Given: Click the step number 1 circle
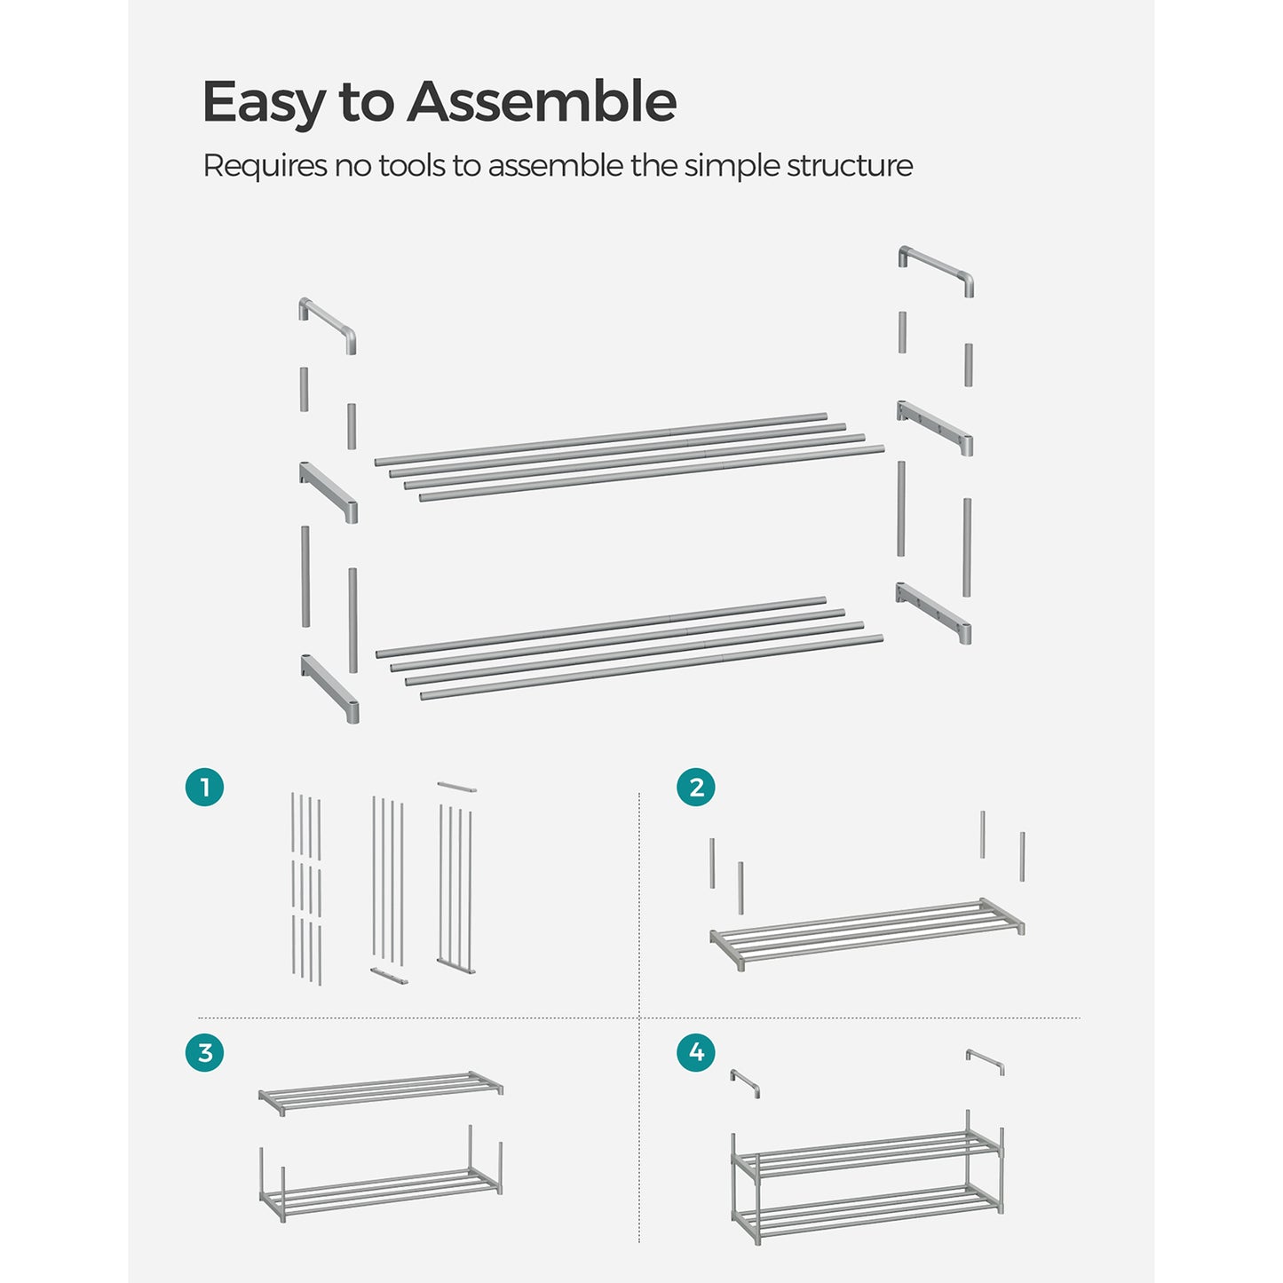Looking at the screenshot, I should (204, 788).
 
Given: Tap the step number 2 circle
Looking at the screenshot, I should (695, 788).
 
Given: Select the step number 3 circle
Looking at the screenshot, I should (204, 1053).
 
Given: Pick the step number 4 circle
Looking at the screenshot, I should (695, 1053).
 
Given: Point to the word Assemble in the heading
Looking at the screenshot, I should (542, 102).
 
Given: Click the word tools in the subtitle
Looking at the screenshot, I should (413, 166).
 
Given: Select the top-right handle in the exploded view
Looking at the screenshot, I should (937, 269).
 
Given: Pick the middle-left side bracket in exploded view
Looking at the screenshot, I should (329, 491).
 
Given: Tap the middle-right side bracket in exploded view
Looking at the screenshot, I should (935, 427).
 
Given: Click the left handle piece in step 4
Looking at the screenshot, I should (745, 1082).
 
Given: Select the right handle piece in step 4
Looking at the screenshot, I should (986, 1061).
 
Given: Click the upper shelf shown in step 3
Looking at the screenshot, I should (380, 1092).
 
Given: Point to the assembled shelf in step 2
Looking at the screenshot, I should (867, 934).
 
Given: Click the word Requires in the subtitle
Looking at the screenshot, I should (265, 166).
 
